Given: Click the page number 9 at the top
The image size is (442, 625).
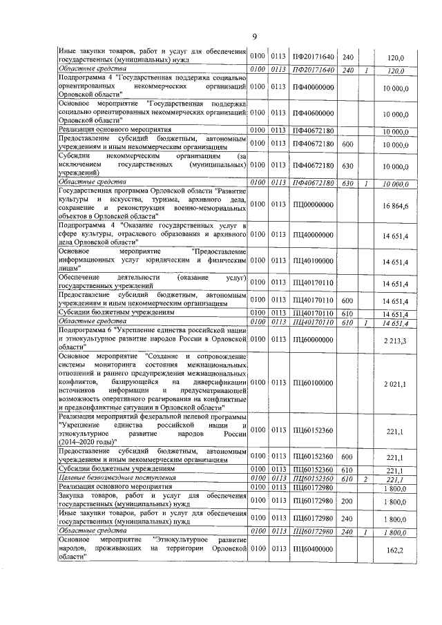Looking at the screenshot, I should coord(253,37).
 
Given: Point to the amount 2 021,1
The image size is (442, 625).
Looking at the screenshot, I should coord(396,383).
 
